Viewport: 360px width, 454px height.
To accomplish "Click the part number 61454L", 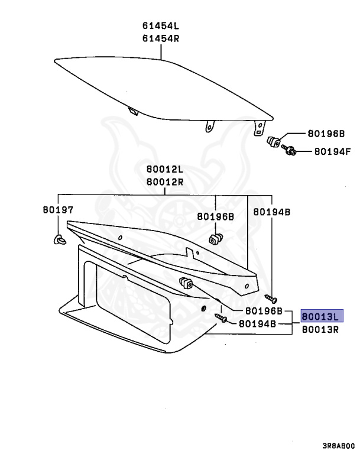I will click(x=160, y=26).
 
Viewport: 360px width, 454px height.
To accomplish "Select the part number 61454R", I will click(x=160, y=38).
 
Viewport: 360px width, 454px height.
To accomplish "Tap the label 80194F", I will click(x=332, y=151).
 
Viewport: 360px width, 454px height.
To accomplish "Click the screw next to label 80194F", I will click(x=290, y=151).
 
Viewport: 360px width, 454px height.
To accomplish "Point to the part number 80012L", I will click(x=166, y=170).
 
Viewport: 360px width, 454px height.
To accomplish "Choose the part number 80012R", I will click(x=166, y=181).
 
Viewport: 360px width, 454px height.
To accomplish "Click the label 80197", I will click(x=57, y=209).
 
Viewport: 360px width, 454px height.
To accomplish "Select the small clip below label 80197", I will click(x=59, y=239).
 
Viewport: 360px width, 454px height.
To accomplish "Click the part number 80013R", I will click(x=322, y=329).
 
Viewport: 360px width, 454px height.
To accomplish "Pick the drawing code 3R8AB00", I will click(x=338, y=445).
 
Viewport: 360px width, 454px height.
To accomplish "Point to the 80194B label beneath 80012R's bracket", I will click(x=272, y=212).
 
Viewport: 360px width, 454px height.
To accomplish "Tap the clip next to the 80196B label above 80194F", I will click(x=274, y=142).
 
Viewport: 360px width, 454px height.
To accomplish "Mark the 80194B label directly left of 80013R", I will click(x=257, y=324).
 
